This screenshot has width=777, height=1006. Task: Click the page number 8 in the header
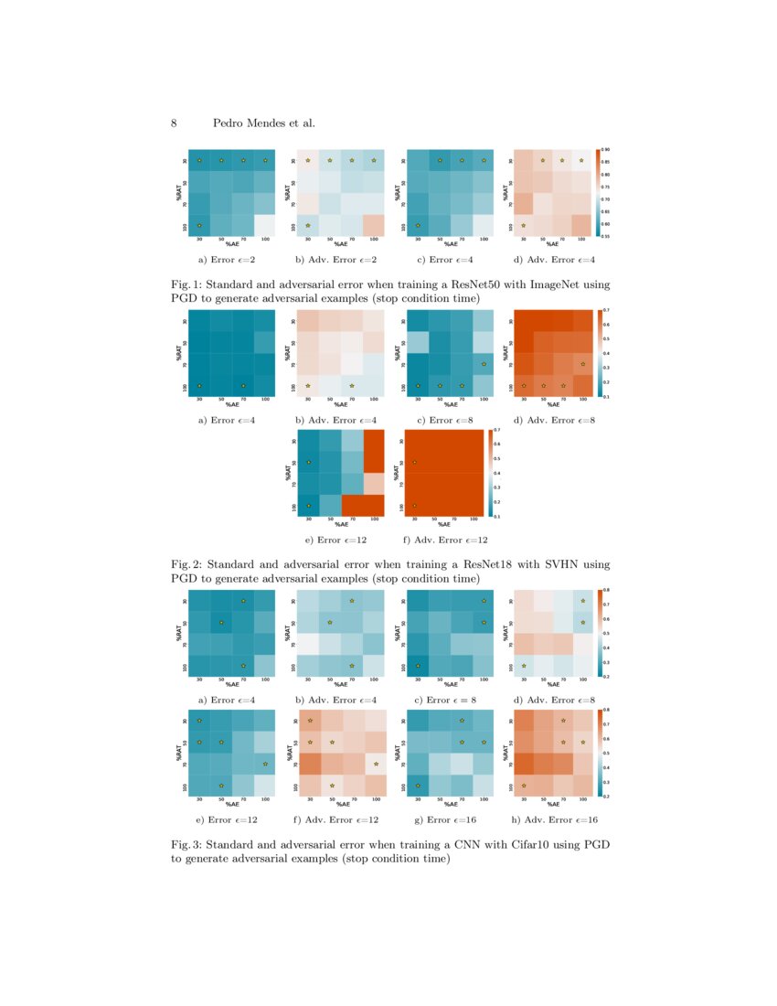pyautogui.click(x=174, y=123)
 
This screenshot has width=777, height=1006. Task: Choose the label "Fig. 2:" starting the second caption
pyautogui.click(x=187, y=565)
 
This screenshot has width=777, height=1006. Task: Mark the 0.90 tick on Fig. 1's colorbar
pyautogui.click(x=605, y=149)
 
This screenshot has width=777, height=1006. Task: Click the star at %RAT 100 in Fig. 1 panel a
pyautogui.click(x=199, y=225)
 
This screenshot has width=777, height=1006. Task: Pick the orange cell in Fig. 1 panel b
pyautogui.click(x=374, y=225)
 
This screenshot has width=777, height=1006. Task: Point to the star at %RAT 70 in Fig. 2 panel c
pyautogui.click(x=484, y=365)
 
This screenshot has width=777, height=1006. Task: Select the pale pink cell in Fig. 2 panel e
pyautogui.click(x=374, y=483)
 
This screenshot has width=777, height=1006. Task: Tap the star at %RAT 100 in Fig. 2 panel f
pyautogui.click(x=414, y=505)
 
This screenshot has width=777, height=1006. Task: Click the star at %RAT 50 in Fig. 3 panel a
pyautogui.click(x=221, y=623)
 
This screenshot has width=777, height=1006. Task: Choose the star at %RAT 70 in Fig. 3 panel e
pyautogui.click(x=265, y=764)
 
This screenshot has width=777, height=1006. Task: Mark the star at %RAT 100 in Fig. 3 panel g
pyautogui.click(x=418, y=785)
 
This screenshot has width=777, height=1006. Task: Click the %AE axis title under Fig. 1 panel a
pyautogui.click(x=232, y=244)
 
